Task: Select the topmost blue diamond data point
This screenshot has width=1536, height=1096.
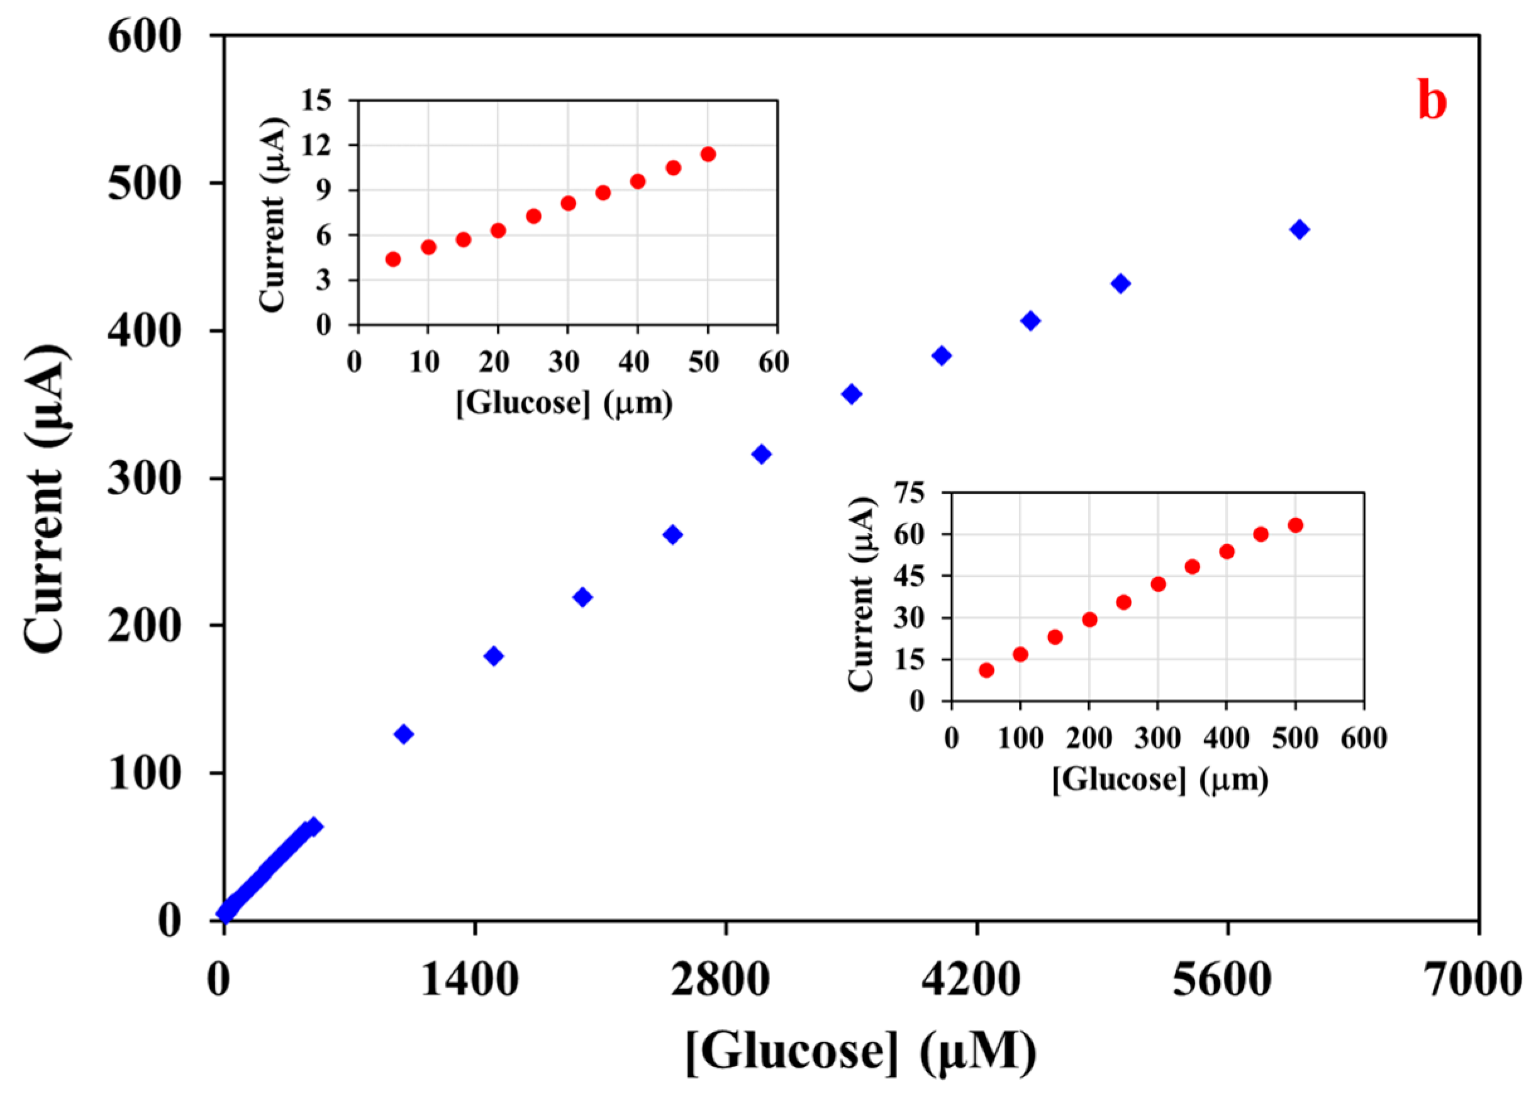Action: click(x=1299, y=230)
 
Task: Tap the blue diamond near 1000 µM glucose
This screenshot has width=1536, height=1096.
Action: click(x=403, y=734)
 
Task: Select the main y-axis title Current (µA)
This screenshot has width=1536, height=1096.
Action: click(x=46, y=500)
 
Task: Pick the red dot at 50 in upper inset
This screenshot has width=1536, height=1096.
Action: click(x=708, y=155)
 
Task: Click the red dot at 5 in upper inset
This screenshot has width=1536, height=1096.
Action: click(x=393, y=259)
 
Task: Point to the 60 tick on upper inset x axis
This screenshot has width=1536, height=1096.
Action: click(x=773, y=362)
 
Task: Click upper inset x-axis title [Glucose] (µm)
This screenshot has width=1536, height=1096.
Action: click(x=564, y=403)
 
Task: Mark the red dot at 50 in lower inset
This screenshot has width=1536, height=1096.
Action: click(x=986, y=670)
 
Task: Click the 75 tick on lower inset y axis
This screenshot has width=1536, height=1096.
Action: click(x=928, y=493)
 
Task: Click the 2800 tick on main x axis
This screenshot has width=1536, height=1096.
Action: click(x=720, y=980)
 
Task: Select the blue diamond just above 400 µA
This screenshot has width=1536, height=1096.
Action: click(x=1030, y=321)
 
